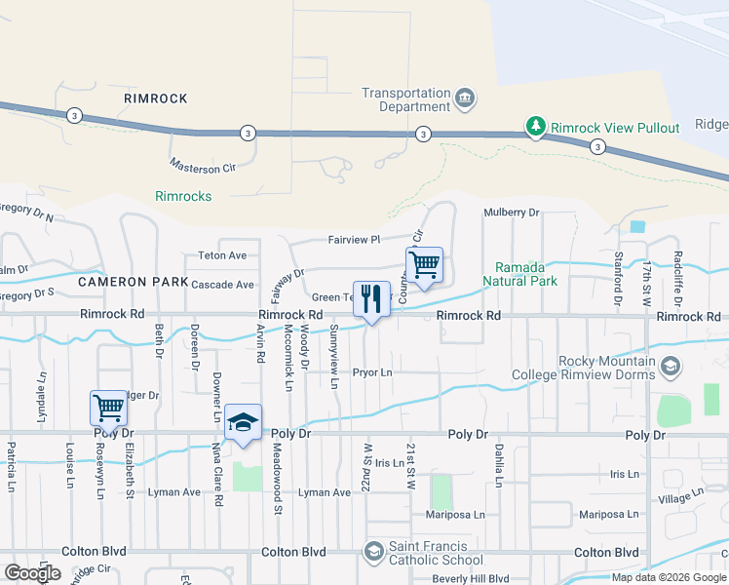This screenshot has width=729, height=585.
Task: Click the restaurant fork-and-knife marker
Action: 369,299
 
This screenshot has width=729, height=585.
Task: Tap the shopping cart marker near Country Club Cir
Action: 424,265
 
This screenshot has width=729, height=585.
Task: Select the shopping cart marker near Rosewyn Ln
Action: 108,409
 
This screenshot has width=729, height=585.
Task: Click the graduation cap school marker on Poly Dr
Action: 244,422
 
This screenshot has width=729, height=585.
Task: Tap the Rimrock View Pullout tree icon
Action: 535,128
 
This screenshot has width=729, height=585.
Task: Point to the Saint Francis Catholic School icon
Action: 373,553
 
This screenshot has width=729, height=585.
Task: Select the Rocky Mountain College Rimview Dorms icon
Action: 670,368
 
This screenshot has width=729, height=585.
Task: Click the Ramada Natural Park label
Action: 525,274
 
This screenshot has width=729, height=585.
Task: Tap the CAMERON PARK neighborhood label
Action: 134,281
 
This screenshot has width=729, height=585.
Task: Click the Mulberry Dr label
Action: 511,213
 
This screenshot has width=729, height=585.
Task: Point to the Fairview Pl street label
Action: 353,238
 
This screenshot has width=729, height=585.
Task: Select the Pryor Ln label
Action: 371,372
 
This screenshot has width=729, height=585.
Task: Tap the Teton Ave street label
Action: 223,255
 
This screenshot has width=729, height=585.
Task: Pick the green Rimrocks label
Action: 183,196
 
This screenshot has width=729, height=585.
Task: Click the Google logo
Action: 32,573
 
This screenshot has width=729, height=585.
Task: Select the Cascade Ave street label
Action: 222,285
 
